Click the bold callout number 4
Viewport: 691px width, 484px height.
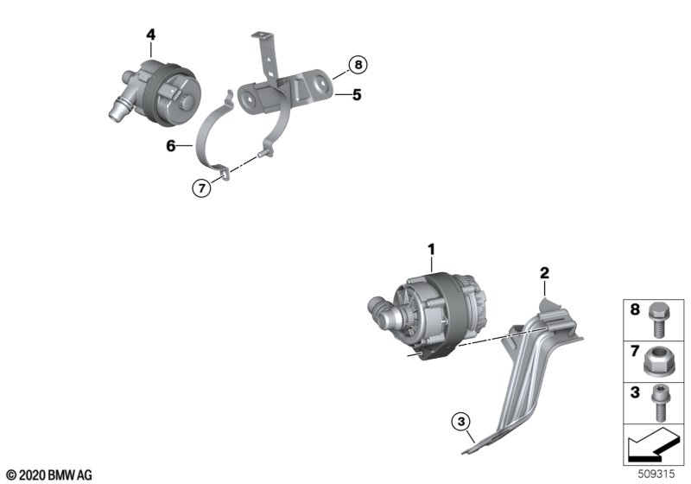point(150,35)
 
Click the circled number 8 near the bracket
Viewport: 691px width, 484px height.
point(358,65)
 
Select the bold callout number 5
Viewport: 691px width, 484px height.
point(357,95)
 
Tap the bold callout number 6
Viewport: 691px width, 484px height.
point(171,145)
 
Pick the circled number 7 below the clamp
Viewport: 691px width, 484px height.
point(202,188)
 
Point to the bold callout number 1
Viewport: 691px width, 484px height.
point(431,250)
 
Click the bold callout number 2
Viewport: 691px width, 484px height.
point(545,273)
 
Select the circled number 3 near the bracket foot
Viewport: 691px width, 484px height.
point(461,422)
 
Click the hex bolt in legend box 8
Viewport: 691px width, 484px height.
point(659,320)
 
